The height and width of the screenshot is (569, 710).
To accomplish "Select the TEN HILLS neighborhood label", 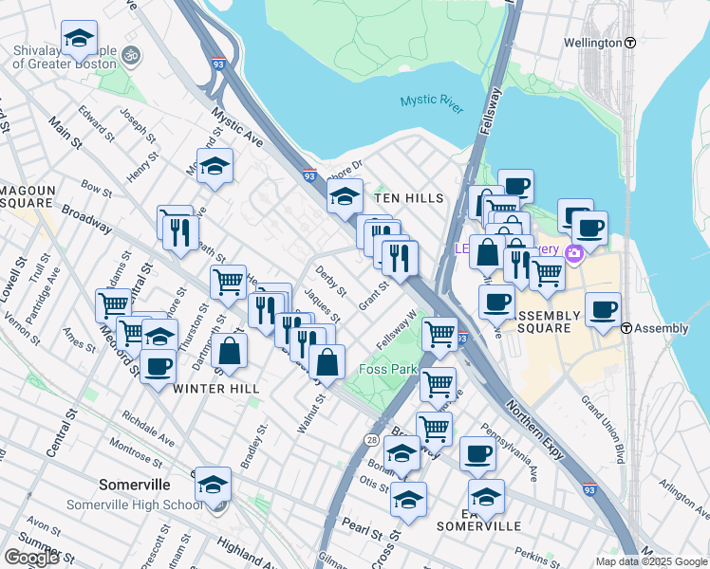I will click(x=409, y=198).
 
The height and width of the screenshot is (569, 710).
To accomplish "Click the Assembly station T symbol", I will click(x=627, y=328).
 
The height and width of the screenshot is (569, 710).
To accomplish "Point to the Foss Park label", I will click(x=388, y=369).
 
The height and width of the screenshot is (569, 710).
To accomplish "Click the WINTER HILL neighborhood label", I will click(x=217, y=389).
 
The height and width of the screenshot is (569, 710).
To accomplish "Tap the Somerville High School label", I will click(x=134, y=505).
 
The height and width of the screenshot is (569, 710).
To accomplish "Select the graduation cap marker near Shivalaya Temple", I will click(x=80, y=39).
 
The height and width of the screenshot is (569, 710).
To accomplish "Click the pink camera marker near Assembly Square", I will click(x=573, y=253).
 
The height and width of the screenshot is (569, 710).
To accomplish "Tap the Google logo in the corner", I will click(x=31, y=557).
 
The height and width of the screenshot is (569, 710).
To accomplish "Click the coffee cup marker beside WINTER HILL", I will click(x=159, y=366).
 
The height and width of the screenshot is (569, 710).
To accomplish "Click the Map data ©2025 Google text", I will click(x=651, y=561).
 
